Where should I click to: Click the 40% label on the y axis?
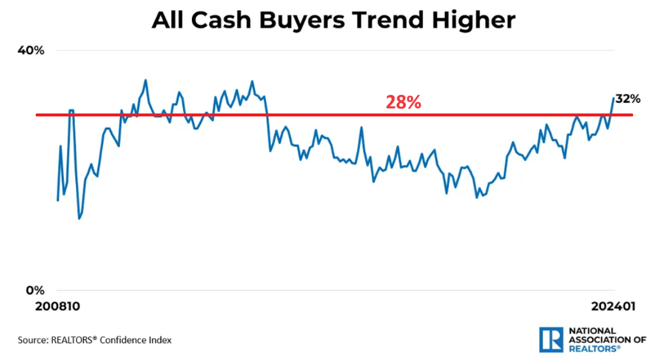tap(31, 50)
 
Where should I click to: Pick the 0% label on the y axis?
tap(35, 290)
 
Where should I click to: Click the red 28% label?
tap(403, 102)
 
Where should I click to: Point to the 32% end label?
tap(628, 99)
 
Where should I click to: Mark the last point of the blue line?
tap(614, 98)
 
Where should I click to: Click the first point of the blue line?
tap(58, 200)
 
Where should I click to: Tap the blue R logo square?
tap(551, 339)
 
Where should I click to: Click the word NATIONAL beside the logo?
tap(592, 331)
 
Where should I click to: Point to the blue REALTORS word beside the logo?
tap(594, 348)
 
